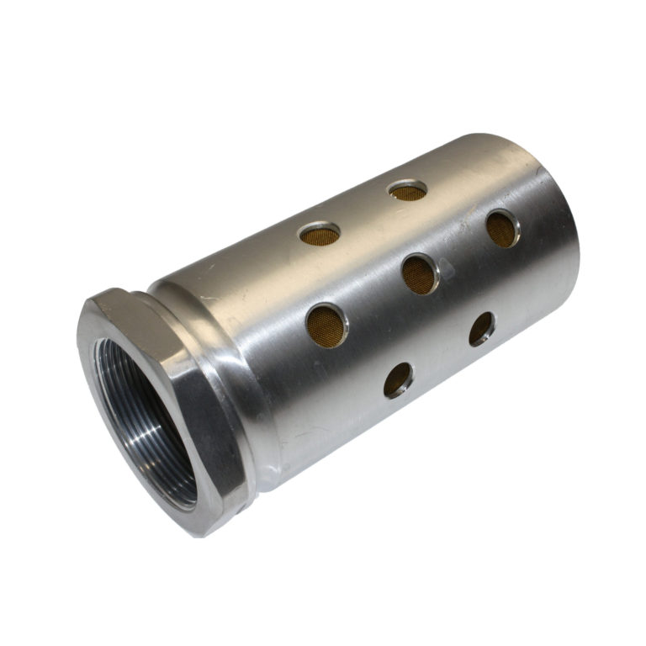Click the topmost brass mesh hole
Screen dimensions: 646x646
tap(408, 192)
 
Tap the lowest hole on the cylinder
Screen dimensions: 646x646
tap(399, 379)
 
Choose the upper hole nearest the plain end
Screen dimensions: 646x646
tap(502, 228)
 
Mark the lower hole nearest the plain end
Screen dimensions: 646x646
tap(481, 328)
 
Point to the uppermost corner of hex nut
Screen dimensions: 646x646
tap(94, 293)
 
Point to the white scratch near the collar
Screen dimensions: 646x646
tap(210, 299)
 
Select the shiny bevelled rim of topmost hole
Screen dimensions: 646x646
tap(408, 183)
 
